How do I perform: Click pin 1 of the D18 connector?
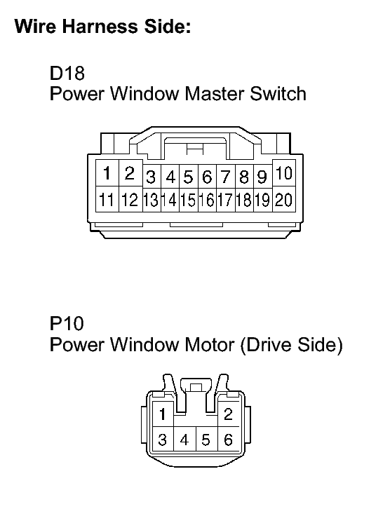point(107,173)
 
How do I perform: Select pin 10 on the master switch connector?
point(284,173)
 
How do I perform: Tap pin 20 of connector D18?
point(284,199)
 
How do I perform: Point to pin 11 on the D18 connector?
point(107,199)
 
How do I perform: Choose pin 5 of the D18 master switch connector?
point(189,177)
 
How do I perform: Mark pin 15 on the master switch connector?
point(189,200)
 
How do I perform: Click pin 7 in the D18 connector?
point(226,177)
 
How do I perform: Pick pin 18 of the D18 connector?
point(244,200)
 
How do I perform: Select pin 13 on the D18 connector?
point(152,200)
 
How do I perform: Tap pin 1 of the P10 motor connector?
point(163,414)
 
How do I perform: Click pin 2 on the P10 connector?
point(228,414)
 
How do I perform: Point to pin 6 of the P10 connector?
point(228,440)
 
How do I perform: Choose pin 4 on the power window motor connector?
point(184,440)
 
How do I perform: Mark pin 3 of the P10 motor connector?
point(163,440)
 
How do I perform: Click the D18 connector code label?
point(67,73)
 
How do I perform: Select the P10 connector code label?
point(67,323)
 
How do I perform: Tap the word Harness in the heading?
point(100,26)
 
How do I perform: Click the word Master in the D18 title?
point(215,94)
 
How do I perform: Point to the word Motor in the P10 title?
point(209,344)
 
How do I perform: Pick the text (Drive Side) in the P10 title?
point(291,345)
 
